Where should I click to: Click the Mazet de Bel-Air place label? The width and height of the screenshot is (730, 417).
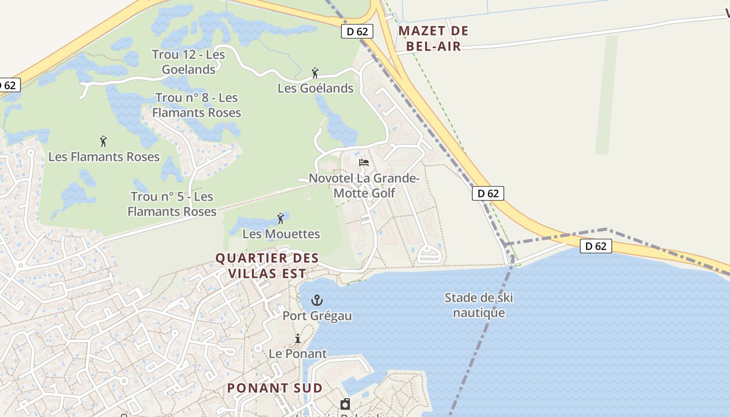[433, 39]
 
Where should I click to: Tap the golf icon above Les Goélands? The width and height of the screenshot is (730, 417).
[315, 73]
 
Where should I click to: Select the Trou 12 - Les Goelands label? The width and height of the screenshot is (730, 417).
[188, 62]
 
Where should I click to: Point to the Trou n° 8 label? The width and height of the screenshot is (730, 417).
[197, 105]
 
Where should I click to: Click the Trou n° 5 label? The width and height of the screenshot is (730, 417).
[172, 204]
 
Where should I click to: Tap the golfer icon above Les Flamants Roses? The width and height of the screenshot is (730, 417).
[103, 141]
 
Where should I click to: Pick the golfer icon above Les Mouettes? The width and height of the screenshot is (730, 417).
[281, 218]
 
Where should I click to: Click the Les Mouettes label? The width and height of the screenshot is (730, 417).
[281, 234]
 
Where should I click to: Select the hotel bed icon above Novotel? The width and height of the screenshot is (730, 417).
[364, 163]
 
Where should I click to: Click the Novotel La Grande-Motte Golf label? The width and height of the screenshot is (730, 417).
[364, 186]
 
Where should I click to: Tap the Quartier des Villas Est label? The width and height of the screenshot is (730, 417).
[266, 265]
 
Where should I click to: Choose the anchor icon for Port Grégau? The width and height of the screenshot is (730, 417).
[317, 300]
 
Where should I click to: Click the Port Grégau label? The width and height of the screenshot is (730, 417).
[317, 316]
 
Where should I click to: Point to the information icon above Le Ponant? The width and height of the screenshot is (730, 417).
[298, 338]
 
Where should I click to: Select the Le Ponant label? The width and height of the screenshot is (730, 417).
[298, 353]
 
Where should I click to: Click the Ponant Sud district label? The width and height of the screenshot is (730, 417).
[275, 388]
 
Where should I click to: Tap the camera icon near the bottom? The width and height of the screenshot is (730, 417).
[345, 404]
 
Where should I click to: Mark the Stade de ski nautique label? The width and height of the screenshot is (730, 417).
[479, 305]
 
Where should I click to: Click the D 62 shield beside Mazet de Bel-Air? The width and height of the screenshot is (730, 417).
[357, 31]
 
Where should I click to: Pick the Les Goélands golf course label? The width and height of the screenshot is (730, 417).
[315, 88]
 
